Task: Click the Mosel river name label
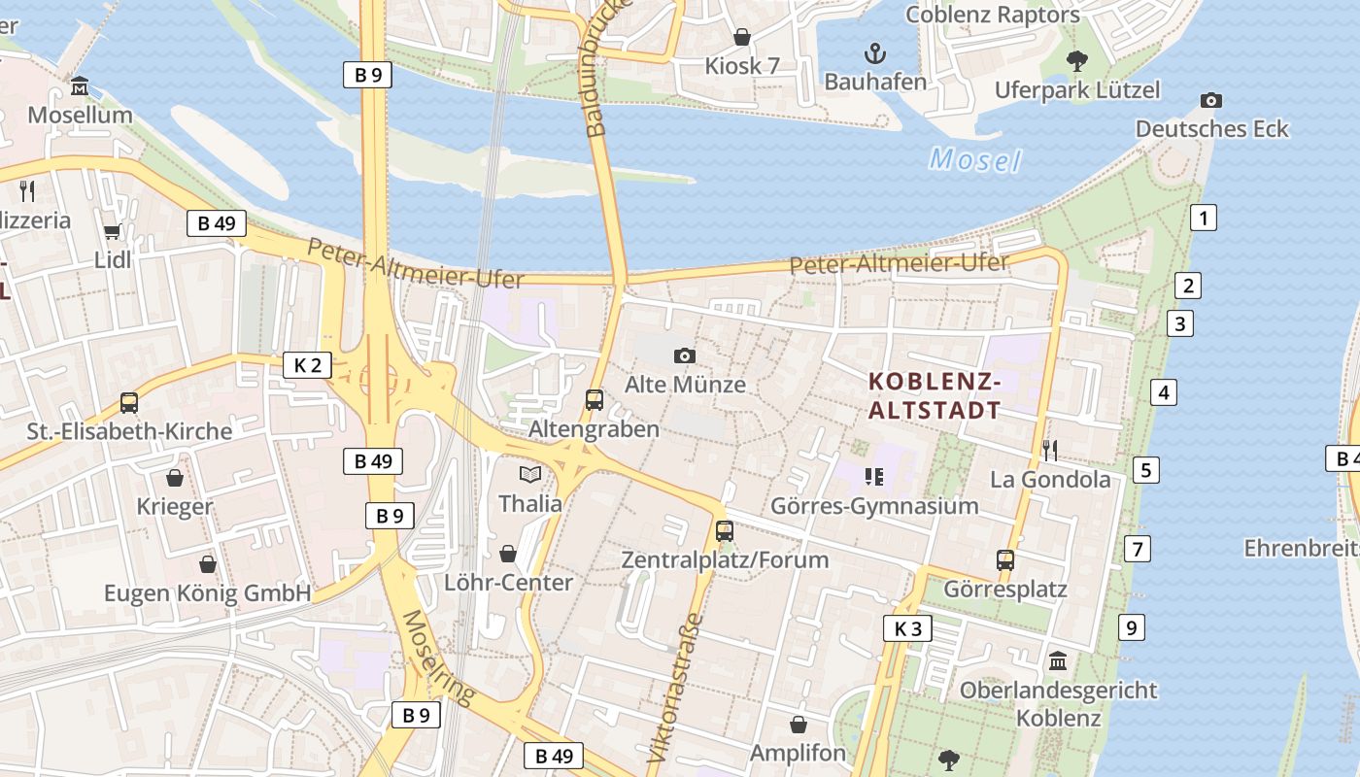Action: [974, 159]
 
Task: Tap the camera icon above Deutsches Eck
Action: [1210, 100]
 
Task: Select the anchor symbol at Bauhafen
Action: [875, 52]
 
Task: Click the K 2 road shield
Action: [307, 365]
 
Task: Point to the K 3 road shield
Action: [907, 628]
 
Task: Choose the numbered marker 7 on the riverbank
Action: [1137, 548]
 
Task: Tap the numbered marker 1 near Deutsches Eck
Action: [1204, 218]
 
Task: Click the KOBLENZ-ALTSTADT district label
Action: [934, 395]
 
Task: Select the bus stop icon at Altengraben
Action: [595, 399]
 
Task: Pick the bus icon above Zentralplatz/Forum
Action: [725, 530]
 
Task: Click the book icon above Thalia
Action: [529, 474]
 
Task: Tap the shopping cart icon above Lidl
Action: [112, 231]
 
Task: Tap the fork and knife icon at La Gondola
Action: [1049, 449]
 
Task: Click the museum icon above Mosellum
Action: [80, 86]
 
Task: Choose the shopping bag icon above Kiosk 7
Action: [742, 37]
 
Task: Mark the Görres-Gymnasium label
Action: [874, 506]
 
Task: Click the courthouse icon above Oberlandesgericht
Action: [1058, 660]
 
